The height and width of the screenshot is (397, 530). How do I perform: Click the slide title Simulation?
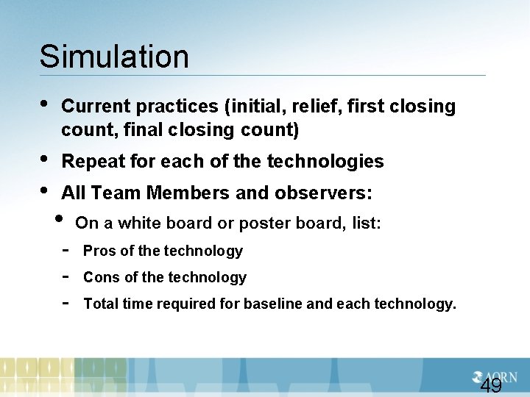click(x=114, y=57)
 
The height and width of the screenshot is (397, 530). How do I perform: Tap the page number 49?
click(x=490, y=387)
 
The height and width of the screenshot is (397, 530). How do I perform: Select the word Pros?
click(x=99, y=251)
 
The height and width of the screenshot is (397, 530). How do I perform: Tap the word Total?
click(x=102, y=304)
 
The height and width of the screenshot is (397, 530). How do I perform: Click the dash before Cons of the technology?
click(x=66, y=277)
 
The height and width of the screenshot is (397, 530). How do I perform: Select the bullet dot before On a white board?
click(x=60, y=220)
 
